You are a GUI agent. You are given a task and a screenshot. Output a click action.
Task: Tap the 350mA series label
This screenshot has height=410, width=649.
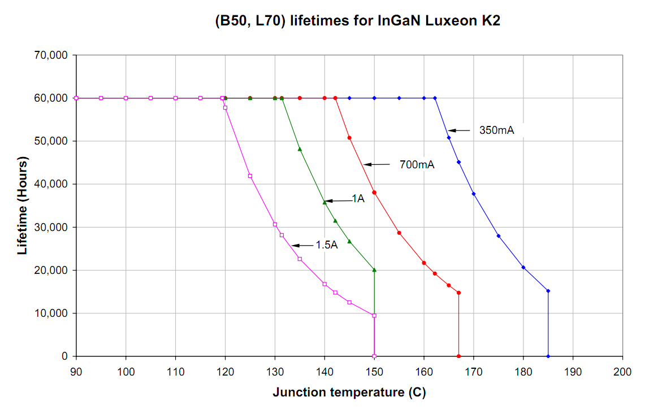click(496, 131)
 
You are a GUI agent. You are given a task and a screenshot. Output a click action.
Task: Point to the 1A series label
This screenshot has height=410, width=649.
click(358, 198)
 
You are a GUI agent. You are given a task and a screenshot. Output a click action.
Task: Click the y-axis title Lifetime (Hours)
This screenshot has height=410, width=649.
click(23, 206)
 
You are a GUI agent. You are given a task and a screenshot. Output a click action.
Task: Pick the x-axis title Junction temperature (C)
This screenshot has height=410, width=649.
click(349, 392)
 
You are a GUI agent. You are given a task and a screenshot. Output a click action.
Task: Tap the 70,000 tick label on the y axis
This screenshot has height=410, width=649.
click(51, 55)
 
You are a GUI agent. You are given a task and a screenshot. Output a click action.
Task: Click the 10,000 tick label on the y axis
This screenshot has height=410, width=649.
click(51, 313)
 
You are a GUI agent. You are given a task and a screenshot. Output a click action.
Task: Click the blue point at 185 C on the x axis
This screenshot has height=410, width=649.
click(548, 356)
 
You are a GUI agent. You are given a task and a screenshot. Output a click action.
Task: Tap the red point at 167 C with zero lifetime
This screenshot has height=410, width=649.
click(458, 356)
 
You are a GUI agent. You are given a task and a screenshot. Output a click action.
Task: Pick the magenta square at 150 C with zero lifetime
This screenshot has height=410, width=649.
click(374, 356)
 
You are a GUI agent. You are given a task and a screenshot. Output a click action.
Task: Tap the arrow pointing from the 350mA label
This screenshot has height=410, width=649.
click(459, 131)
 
